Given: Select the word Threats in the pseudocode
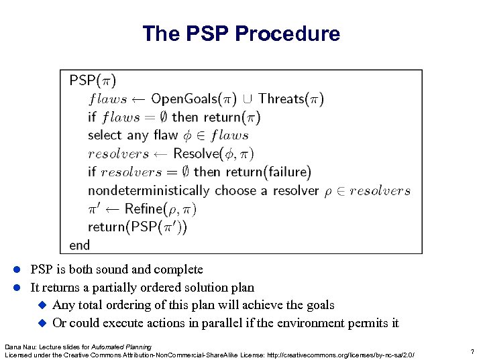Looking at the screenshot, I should click(281, 99).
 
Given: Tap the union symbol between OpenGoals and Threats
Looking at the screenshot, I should click(247, 100).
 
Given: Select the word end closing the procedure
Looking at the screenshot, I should click(79, 245).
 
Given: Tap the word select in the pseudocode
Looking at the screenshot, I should click(104, 135).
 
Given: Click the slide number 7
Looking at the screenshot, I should click(472, 351).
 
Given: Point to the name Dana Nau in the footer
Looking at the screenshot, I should click(18, 347).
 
